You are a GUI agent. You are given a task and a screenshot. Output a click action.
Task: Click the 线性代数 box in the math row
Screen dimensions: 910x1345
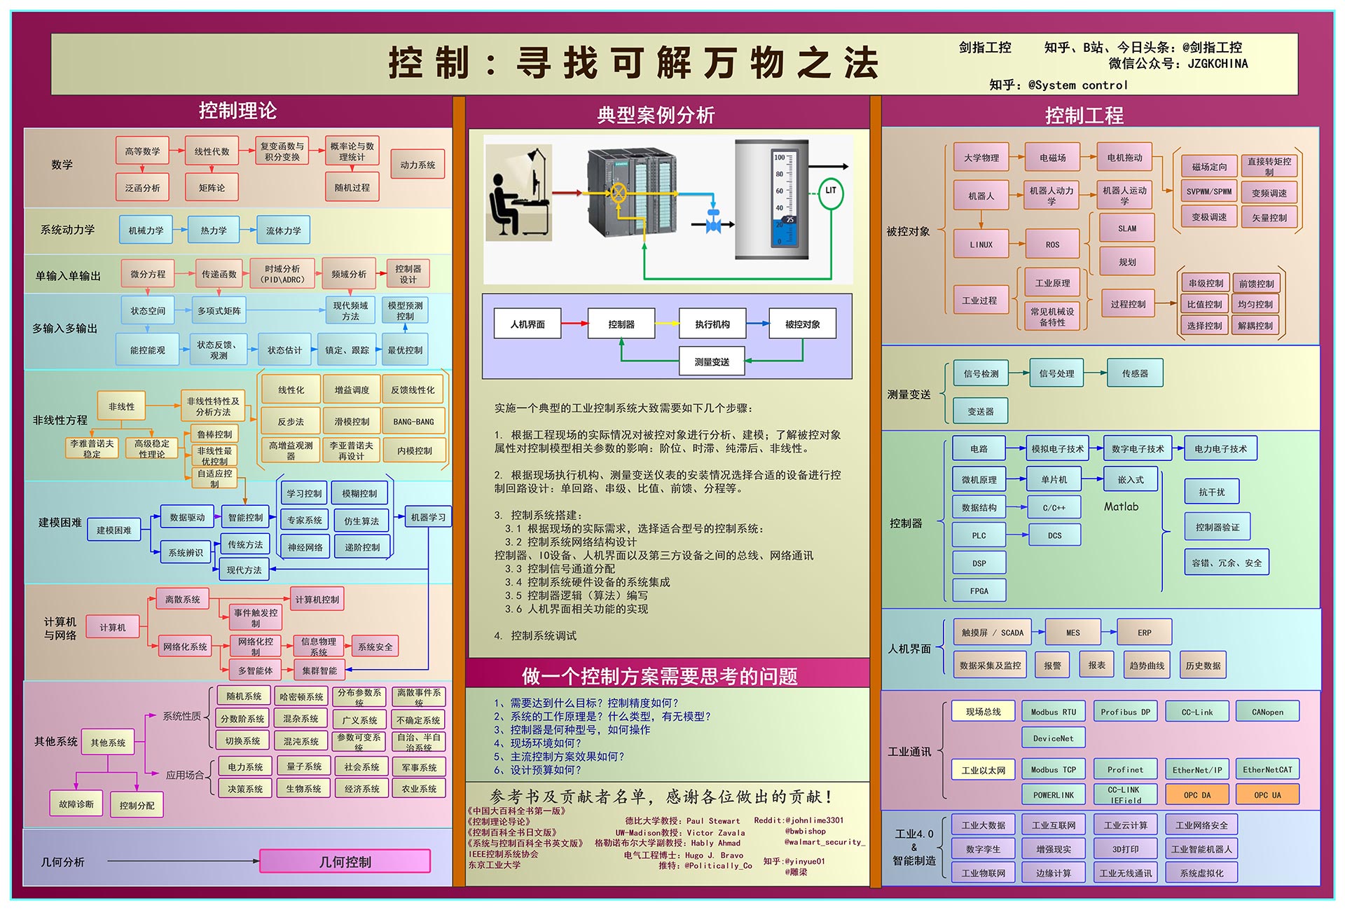point(212,151)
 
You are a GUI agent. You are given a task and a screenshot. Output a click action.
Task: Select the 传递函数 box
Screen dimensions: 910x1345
point(219,274)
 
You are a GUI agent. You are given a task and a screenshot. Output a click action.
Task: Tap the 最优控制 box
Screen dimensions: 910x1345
point(405,350)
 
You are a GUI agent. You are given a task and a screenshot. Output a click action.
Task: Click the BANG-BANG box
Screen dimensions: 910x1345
point(413,422)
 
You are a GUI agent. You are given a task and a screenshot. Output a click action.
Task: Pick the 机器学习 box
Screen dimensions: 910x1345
point(428,517)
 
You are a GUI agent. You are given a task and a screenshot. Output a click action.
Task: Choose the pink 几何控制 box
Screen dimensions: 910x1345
point(345,862)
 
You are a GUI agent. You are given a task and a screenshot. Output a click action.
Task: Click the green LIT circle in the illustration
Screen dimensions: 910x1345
point(831,191)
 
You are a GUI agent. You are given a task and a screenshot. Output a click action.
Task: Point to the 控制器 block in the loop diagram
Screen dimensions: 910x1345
point(621,324)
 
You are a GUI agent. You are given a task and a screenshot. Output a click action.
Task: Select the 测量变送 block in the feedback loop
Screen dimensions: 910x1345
point(712,361)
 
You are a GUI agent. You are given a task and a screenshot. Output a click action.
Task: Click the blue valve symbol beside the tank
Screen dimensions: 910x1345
point(714,223)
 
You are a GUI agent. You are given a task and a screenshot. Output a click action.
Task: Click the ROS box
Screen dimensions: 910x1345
point(1052,244)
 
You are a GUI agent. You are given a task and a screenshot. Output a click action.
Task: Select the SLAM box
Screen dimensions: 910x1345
point(1127,228)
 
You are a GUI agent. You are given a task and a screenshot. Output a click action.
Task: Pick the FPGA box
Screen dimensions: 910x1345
point(979,591)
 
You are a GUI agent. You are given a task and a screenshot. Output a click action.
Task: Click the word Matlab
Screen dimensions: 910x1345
point(1121,506)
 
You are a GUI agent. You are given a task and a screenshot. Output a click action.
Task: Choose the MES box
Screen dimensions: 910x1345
point(1072,633)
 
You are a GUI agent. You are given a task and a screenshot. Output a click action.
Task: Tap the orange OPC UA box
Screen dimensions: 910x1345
point(1267,794)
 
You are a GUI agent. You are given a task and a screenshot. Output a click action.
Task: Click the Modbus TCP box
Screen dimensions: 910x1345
point(1053,769)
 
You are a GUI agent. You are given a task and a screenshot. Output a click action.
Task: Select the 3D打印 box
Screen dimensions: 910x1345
point(1125,849)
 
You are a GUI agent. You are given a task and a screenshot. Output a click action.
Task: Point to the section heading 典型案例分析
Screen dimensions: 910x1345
point(656,115)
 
